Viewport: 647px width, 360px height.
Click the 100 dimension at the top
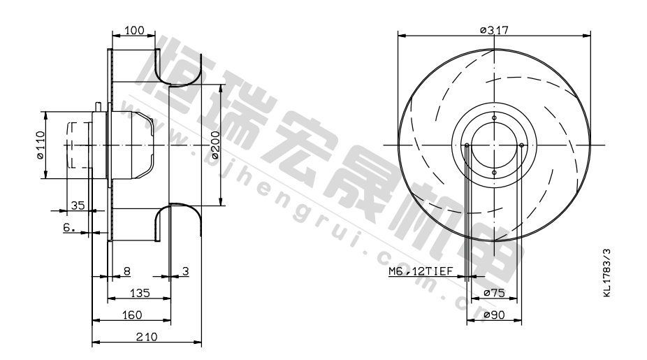point(135,30)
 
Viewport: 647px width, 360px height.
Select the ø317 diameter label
point(494,30)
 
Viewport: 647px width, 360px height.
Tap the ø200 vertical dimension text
point(215,145)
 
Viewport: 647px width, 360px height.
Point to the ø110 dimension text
point(40,145)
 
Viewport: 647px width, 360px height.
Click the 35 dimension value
point(78,206)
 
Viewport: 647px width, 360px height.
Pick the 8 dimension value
point(127,271)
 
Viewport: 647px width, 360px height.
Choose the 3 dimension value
point(186,271)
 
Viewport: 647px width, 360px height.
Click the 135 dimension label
point(140,293)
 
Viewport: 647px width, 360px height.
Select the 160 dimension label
point(132,315)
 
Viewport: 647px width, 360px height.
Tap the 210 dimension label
point(147,337)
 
